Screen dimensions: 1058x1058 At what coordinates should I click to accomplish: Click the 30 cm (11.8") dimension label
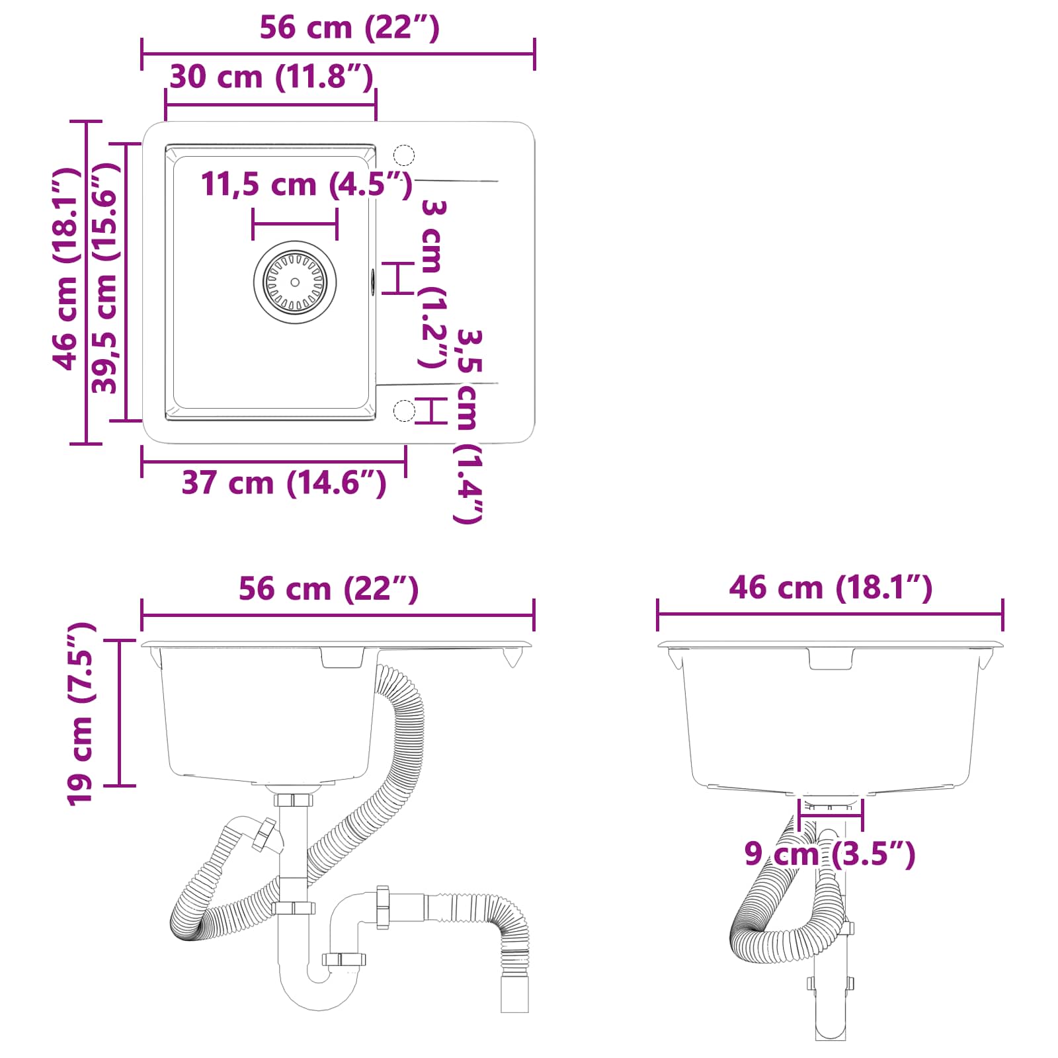(271, 77)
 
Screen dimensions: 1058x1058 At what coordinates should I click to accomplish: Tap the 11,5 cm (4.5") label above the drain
(306, 184)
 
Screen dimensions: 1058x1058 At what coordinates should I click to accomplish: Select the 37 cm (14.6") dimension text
(284, 483)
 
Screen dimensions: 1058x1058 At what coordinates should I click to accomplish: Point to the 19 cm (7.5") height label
(81, 714)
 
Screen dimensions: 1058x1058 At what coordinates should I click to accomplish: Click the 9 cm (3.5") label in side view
(829, 854)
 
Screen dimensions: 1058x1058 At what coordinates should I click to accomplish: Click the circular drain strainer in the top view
(295, 282)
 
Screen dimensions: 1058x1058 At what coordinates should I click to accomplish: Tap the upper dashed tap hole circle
(404, 155)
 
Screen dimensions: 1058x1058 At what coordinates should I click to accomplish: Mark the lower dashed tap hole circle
(404, 411)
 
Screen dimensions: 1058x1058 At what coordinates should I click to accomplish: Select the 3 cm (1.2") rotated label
(433, 284)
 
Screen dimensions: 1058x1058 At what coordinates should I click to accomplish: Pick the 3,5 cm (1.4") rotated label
(469, 427)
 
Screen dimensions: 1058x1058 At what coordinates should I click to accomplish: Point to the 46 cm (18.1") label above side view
(831, 587)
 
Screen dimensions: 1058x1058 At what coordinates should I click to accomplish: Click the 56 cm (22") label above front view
(329, 589)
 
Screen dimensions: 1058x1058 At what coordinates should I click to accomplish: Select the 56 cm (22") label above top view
(349, 28)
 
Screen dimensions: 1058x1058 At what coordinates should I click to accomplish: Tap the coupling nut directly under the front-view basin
(294, 800)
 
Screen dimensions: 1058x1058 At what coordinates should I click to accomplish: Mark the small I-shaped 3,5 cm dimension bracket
(431, 411)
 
